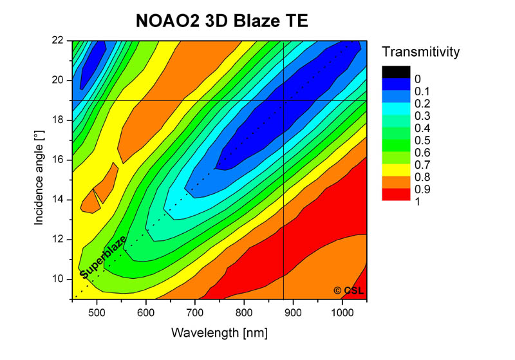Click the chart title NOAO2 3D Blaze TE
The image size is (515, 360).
pos(222,21)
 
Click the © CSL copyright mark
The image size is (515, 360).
pos(348,290)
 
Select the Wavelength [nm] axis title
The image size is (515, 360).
pos(220,332)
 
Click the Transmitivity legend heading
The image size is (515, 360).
pos(420,52)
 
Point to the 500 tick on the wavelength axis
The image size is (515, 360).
pos(97,314)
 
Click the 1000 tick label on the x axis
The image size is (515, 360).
pos(342,314)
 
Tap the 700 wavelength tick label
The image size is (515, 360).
pos(195,314)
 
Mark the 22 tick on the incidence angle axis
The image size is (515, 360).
pos(57,41)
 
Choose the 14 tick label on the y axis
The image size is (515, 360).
pos(57,200)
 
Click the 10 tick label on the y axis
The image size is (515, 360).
pos(57,279)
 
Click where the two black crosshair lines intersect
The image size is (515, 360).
pos(284,100)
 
